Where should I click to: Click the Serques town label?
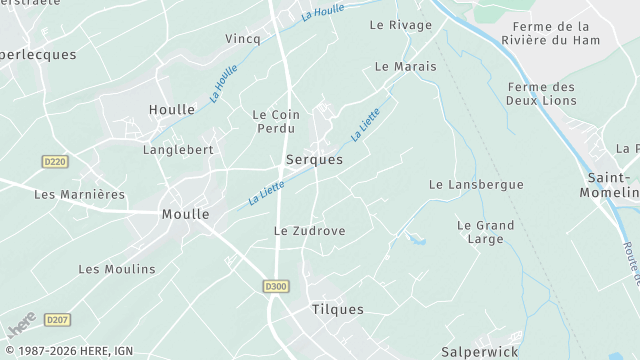coord(314,159)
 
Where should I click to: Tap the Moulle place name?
coord(186,214)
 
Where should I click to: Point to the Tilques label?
coord(337,310)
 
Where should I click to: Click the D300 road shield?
coord(276,286)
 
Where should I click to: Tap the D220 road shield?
coord(56,161)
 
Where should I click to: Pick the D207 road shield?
coord(57,320)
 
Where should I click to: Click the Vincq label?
coord(242,39)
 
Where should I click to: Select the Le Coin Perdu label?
coord(276,122)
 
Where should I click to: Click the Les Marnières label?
coord(79,194)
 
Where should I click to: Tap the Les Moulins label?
coord(117,269)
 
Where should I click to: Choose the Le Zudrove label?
coord(309,231)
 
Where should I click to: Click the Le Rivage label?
coord(400,25)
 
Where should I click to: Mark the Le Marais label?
coord(405,66)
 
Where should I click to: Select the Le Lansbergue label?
coord(476,185)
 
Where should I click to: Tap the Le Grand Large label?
coord(485,232)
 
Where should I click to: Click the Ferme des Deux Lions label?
coord(541,94)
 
